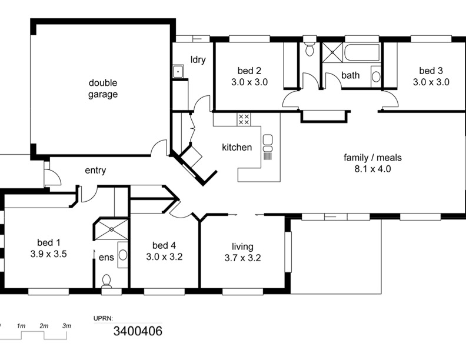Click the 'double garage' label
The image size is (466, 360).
tap(103, 88)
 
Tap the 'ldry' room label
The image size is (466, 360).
tap(198, 59)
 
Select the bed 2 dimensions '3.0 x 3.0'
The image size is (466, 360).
tap(249, 82)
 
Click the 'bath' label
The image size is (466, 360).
tap(351, 75)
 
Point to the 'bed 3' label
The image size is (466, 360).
tap(431, 71)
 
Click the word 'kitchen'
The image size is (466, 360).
tap(237, 147)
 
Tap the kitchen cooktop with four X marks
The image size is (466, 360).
tap(244, 119)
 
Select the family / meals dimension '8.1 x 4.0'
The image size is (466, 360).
tap(372, 169)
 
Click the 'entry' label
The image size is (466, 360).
tap(95, 171)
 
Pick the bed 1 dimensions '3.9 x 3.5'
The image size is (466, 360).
tap(48, 254)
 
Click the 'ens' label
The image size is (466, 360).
tap(106, 257)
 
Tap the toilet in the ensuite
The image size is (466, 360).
tap(106, 281)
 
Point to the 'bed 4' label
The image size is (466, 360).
tap(164, 245)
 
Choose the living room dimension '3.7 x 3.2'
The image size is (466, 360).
tap(243, 258)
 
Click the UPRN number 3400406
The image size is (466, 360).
tap(138, 331)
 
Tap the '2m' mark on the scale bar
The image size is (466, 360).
tap(44, 326)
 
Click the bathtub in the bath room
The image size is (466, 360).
tap(362, 52)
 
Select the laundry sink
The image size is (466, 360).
tap(178, 72)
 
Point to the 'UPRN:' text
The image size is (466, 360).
tap(103, 318)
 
